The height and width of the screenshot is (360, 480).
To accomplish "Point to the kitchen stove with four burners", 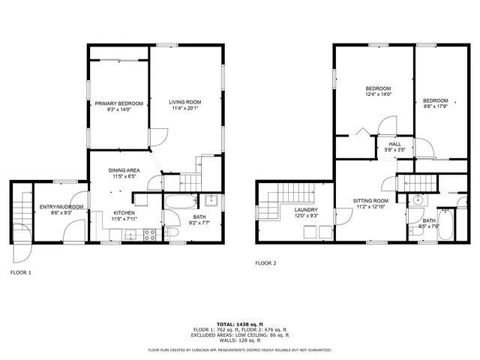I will tap(149, 234).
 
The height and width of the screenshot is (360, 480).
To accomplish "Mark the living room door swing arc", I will tap(159, 138).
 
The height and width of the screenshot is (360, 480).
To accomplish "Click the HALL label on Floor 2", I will tap(394, 144).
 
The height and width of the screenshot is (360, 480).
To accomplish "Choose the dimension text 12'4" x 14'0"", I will tap(377, 94).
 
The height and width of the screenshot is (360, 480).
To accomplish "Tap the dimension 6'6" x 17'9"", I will tap(435, 106).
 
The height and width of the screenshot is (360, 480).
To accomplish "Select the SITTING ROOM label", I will tap(372, 201).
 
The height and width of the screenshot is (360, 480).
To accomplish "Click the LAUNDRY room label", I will tap(305, 210).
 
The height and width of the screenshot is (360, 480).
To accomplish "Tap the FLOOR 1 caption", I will tap(20, 272).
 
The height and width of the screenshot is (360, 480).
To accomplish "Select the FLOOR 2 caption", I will tap(265, 263).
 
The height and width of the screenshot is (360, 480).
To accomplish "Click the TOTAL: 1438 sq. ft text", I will tap(240, 324).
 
